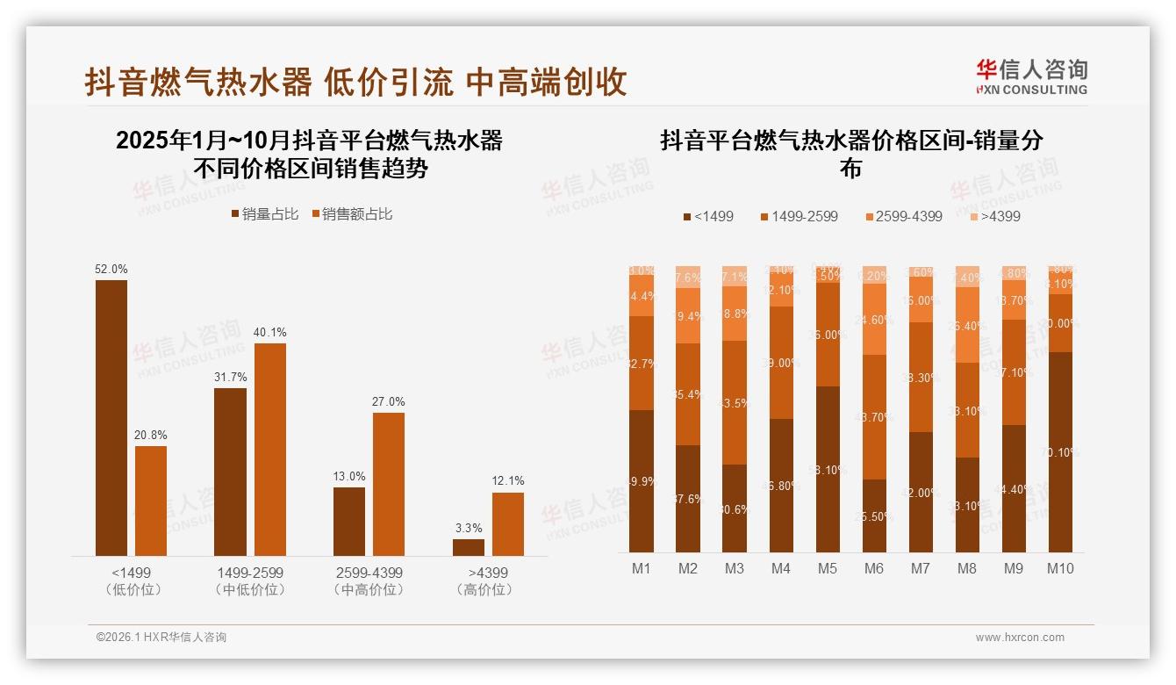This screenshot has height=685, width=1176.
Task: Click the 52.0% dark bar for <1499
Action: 111,417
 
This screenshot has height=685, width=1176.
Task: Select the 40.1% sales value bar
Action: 270,449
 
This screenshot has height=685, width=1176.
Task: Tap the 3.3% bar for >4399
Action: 469,547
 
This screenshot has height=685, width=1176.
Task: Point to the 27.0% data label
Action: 389,402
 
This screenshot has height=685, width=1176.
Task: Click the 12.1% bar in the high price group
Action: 508,523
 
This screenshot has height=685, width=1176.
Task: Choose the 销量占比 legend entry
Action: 264,214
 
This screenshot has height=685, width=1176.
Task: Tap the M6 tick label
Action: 874,569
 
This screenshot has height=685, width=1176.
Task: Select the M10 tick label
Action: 1060,569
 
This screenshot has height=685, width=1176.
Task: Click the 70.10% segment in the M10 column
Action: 1060,452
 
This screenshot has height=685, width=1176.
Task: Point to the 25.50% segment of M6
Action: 874,516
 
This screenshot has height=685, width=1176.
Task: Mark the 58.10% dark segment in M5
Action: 828,469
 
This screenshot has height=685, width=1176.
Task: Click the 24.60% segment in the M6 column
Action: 874,320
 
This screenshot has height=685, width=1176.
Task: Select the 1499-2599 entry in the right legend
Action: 798,216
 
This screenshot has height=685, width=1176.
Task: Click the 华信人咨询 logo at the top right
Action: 1031,77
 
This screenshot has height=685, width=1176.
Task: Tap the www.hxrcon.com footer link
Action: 1020,638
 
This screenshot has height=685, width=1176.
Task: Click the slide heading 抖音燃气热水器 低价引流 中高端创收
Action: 355,82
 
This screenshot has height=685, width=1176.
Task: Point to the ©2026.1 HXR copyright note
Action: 161,638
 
